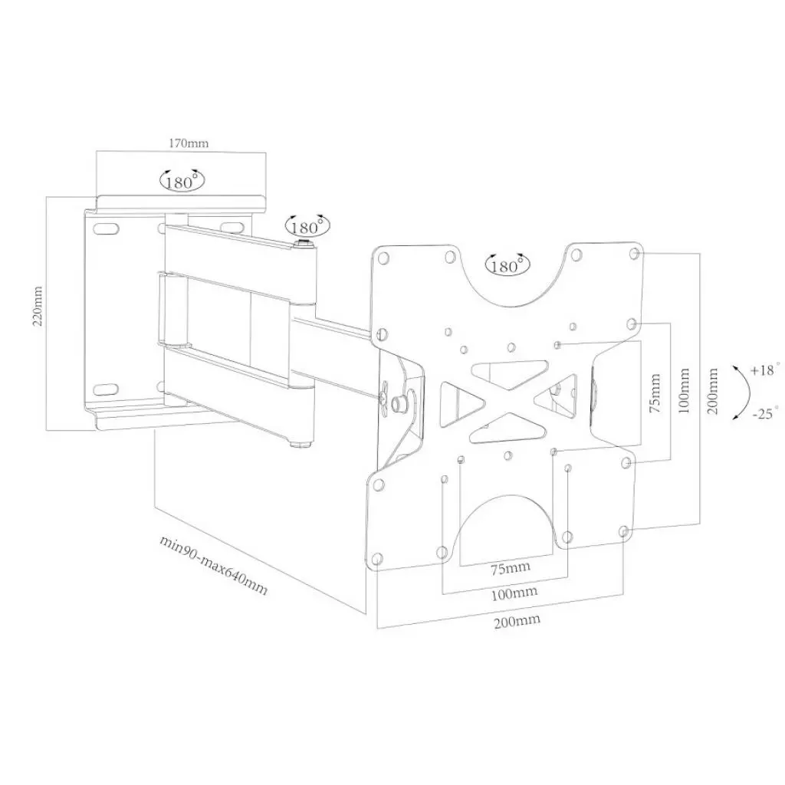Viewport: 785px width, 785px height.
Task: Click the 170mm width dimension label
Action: click(188, 143)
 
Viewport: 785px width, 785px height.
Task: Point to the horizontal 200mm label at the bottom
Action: click(517, 620)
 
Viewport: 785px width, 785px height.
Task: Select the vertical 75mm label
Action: click(655, 393)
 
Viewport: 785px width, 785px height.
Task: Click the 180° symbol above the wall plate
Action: click(182, 181)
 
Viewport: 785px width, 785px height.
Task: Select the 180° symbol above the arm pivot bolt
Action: click(307, 226)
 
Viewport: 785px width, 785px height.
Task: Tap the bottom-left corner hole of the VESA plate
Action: click(376, 558)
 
